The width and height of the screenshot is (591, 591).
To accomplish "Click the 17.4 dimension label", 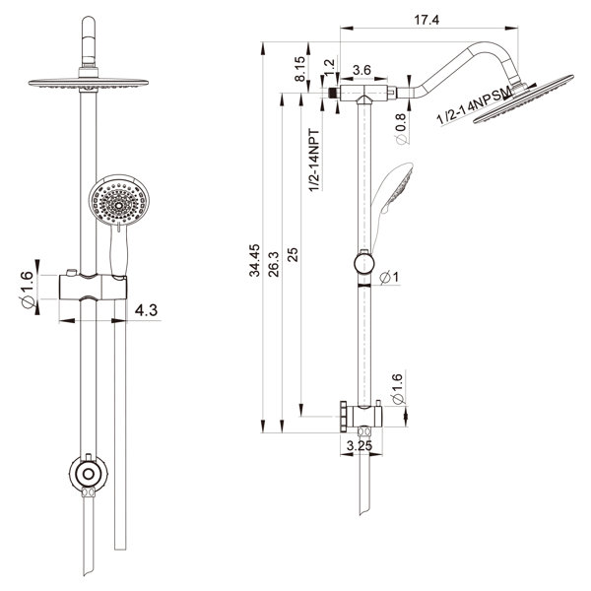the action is pyautogui.click(x=427, y=20).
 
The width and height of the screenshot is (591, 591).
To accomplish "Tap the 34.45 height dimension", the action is pyautogui.click(x=255, y=260).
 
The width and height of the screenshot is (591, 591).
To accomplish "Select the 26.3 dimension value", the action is pyautogui.click(x=274, y=264).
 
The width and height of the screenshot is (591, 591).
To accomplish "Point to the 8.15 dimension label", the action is pyautogui.click(x=300, y=69).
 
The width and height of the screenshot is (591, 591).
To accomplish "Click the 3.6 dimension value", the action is pyautogui.click(x=361, y=70).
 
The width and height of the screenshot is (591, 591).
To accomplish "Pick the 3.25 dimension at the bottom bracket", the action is pyautogui.click(x=360, y=446).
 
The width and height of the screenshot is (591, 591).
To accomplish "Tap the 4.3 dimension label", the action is pyautogui.click(x=146, y=310).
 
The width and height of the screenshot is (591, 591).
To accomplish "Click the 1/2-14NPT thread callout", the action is pyautogui.click(x=314, y=161).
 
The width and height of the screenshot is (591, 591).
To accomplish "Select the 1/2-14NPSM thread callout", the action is pyautogui.click(x=475, y=105).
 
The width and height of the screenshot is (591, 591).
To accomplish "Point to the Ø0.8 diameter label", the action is pyautogui.click(x=401, y=129).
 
